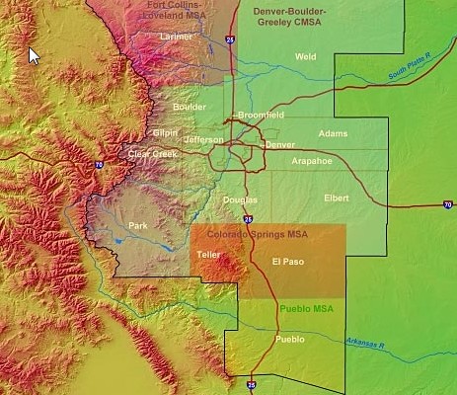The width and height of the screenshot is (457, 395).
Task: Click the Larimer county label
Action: click(177, 37)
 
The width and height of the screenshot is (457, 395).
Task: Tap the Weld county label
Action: click(305, 56)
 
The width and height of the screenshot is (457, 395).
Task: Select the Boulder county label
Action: click(190, 107)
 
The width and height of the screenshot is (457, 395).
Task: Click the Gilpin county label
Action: click(165, 132)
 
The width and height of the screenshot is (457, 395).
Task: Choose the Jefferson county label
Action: click(204, 139)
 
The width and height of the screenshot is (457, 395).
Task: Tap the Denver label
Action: click(279, 144)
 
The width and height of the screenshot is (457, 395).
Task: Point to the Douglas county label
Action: click(240, 199)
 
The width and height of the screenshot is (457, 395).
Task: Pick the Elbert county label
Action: click(337, 198)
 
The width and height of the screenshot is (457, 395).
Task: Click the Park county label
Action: click(137, 225)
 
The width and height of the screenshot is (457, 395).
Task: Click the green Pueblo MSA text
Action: click(303, 308)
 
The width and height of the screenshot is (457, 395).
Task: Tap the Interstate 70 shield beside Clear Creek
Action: click(99, 166)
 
